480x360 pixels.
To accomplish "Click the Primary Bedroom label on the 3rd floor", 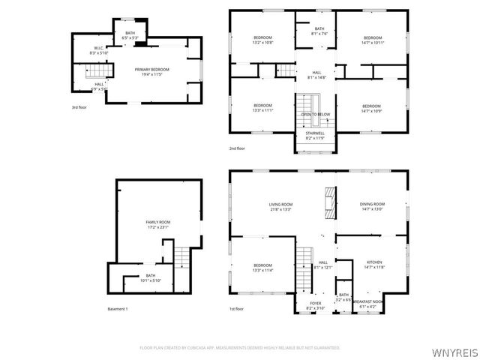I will pyautogui.click(x=151, y=70).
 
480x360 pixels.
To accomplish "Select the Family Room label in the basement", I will pyautogui.click(x=158, y=222).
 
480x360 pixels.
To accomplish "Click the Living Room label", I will pyautogui.click(x=280, y=205).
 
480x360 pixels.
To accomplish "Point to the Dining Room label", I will pyautogui.click(x=373, y=205).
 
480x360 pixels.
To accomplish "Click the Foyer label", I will pyautogui.click(x=316, y=304).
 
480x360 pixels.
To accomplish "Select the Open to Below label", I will pyautogui.click(x=316, y=115).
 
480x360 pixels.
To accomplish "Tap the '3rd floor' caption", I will pyautogui.click(x=79, y=108).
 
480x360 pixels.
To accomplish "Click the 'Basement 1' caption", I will pyautogui.click(x=118, y=309).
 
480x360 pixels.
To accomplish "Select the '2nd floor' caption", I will pyautogui.click(x=238, y=148).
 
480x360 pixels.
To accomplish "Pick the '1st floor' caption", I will pyautogui.click(x=237, y=309).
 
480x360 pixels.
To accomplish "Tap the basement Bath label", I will pyautogui.click(x=151, y=275).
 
